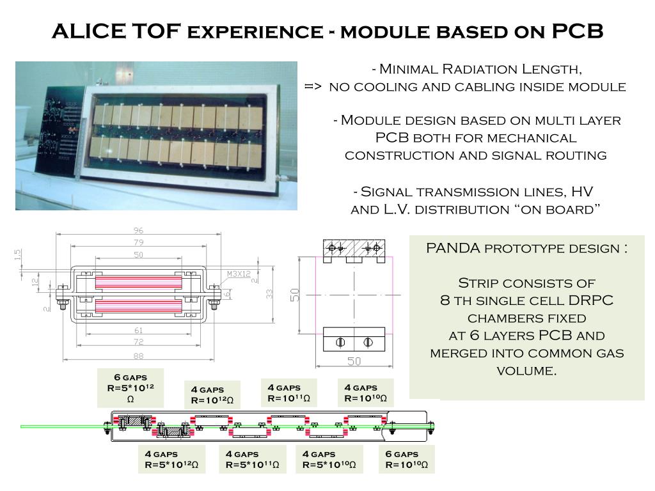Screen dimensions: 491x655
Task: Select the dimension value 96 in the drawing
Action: [138, 231]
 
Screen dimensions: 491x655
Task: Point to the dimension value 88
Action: [138, 356]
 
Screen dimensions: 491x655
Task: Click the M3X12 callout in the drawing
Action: [238, 274]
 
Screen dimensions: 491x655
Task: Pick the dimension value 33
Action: [270, 293]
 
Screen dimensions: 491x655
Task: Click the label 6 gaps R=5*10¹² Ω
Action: [130, 388]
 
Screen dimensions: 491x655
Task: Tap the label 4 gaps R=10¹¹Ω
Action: [288, 393]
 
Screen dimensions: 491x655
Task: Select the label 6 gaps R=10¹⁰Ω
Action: [406, 459]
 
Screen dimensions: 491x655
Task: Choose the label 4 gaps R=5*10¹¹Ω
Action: [252, 459]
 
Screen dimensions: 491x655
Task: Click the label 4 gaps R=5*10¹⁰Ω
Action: [329, 459]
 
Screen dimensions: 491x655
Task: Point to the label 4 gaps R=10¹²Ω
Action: [212, 395]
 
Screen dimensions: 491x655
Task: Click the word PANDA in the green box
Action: [454, 248]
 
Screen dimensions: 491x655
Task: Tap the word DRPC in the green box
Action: [594, 300]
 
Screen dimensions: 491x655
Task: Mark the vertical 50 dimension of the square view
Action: [296, 295]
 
